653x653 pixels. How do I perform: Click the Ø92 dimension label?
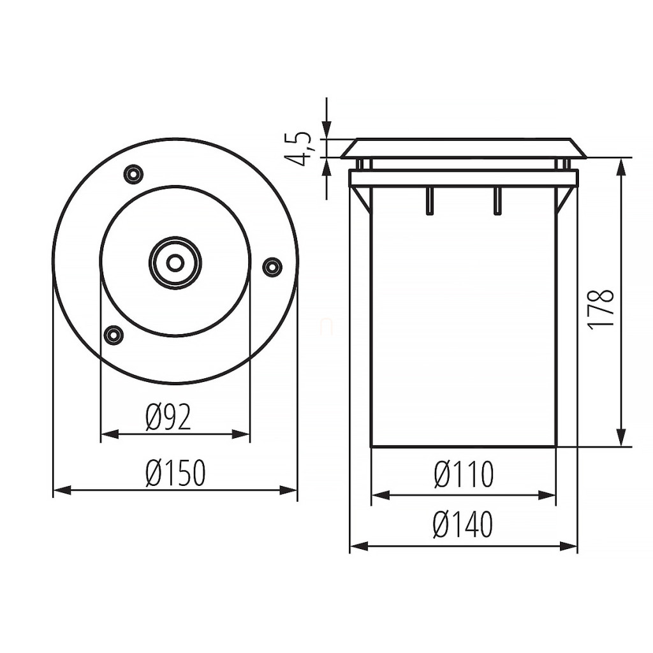tap(168, 417)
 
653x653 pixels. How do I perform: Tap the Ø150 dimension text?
tap(176, 473)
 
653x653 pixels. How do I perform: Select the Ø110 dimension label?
tap(464, 474)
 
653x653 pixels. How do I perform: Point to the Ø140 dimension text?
tap(463, 524)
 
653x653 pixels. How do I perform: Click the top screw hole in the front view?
tap(134, 173)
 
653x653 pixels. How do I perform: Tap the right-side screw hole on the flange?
tap(272, 265)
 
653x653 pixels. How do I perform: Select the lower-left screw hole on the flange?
tap(112, 334)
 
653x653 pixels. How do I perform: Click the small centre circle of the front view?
tap(175, 262)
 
